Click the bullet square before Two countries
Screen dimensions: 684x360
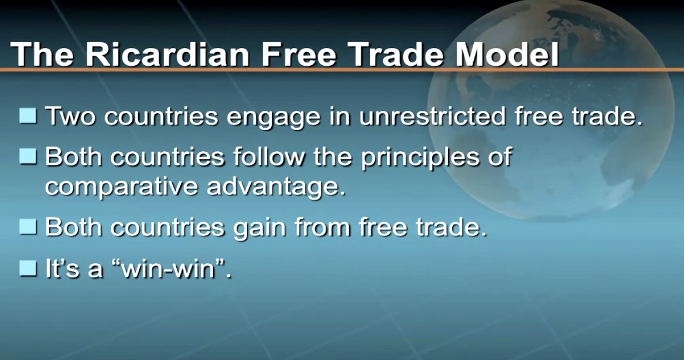point(28,116)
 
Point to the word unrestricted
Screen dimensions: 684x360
point(433,116)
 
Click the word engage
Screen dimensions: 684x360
point(274,118)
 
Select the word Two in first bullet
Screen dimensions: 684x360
point(70,116)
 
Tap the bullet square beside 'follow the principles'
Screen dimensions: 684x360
point(28,156)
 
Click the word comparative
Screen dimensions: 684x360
point(121,187)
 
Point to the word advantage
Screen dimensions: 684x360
point(276,187)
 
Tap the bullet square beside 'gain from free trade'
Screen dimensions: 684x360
point(28,227)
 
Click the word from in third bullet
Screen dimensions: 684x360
point(322,227)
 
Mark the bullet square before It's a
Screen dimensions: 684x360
point(28,267)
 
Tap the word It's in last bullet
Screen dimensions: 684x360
point(63,267)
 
